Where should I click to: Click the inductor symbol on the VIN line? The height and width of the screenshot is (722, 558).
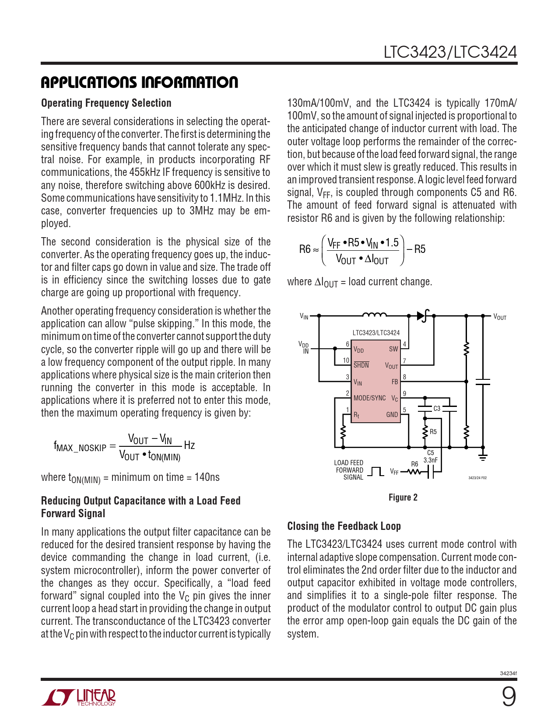pyautogui.click(x=374, y=314)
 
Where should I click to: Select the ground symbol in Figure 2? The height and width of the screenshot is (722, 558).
pyautogui.click(x=483, y=457)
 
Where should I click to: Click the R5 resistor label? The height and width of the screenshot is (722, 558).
pyautogui.click(x=433, y=432)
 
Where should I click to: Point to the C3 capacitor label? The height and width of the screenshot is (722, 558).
pyautogui.click(x=437, y=408)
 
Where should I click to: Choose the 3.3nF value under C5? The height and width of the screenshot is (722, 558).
pyautogui.click(x=431, y=460)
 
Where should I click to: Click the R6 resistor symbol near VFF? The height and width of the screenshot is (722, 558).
pyautogui.click(x=414, y=472)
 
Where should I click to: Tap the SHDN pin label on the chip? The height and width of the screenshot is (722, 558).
pyautogui.click(x=361, y=365)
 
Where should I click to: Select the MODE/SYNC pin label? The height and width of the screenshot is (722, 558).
pyautogui.click(x=369, y=398)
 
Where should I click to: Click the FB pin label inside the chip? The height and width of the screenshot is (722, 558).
pyautogui.click(x=395, y=382)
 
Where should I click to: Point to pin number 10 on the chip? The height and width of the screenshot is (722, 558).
pyautogui.click(x=346, y=361)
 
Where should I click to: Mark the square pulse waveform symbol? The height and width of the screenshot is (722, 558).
pyautogui.click(x=376, y=472)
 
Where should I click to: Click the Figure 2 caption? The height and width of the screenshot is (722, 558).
pyautogui.click(x=403, y=498)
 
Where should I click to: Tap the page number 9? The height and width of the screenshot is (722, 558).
pyautogui.click(x=509, y=697)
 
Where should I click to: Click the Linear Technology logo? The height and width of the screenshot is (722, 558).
pyautogui.click(x=79, y=697)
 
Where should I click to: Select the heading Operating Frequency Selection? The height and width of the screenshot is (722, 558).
pyautogui.click(x=106, y=103)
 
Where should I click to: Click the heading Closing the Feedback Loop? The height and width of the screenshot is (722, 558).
pyautogui.click(x=344, y=526)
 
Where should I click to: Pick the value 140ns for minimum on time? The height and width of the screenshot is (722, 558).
pyautogui.click(x=207, y=477)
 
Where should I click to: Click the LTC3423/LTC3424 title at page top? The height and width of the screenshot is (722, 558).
pyautogui.click(x=450, y=53)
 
